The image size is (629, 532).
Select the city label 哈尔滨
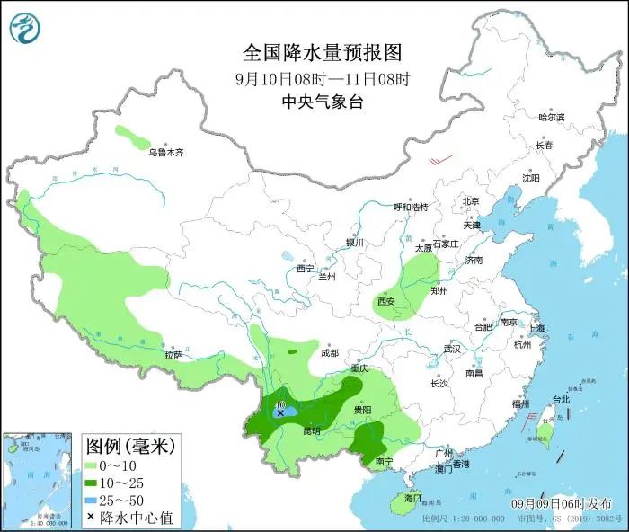coord(551,118)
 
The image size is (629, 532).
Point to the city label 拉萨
coord(173,356)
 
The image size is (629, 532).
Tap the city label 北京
coord(472,201)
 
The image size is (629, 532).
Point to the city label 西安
coord(386,302)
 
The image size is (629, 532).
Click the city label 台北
coord(560,399)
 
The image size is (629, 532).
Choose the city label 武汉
coord(452,348)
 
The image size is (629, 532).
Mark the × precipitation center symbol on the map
coord(280,413)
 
